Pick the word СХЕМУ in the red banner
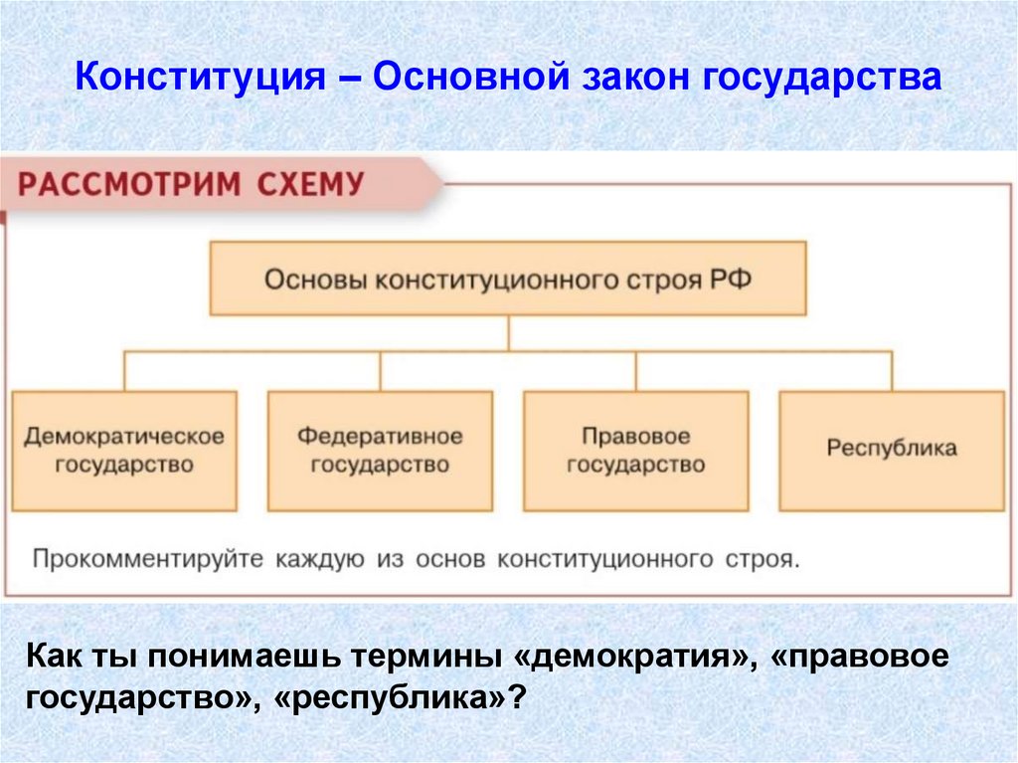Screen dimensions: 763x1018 306,184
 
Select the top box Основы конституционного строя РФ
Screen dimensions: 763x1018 508,279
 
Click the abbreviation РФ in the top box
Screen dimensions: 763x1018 731,279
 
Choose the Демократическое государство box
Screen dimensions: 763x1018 124,451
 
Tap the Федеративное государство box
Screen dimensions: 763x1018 380,451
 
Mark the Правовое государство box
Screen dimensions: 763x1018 635,451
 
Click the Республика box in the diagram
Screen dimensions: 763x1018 892,451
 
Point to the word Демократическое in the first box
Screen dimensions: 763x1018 124,436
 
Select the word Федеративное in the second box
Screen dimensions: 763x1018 380,436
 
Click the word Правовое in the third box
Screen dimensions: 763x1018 635,436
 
